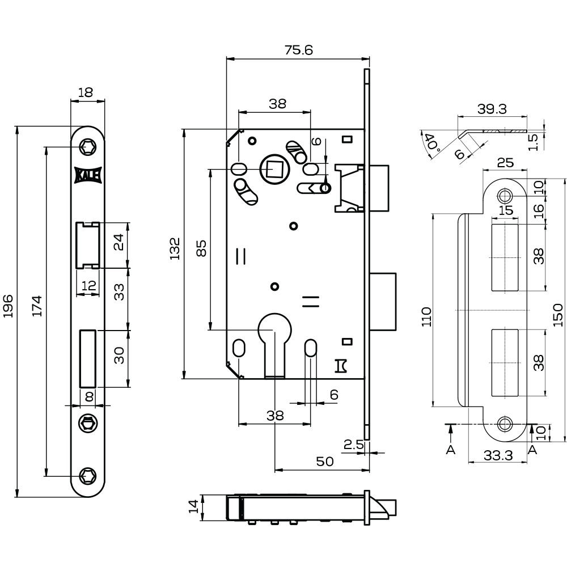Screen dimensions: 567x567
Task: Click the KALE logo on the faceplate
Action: [x=88, y=176]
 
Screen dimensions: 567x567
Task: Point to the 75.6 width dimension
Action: [x=298, y=50]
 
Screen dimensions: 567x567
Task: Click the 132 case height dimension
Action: [x=175, y=249]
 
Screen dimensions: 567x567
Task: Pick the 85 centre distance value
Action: [x=201, y=249]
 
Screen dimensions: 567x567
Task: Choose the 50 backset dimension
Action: [x=324, y=462]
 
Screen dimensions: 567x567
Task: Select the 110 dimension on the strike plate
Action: [x=426, y=318]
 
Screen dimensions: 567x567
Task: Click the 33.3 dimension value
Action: [x=499, y=455]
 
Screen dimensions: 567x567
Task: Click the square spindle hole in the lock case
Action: [x=274, y=169]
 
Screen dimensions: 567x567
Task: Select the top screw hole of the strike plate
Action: [x=505, y=196]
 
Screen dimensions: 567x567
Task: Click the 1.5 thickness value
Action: [x=533, y=139]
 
